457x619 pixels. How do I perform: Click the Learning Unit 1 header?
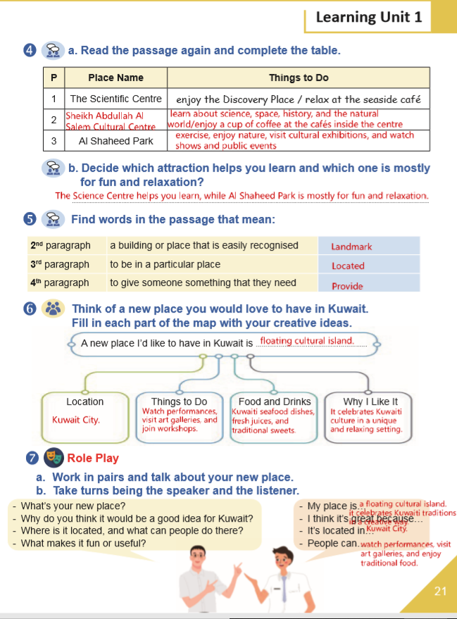click(369, 17)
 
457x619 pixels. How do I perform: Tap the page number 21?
click(440, 591)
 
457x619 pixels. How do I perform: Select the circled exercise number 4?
click(30, 50)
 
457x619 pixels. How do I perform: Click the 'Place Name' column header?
click(115, 77)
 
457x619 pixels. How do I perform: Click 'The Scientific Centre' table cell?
click(115, 99)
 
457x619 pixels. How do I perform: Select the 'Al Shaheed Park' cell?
click(115, 140)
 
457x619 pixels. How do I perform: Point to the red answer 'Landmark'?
click(351, 246)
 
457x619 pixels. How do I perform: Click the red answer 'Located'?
click(348, 266)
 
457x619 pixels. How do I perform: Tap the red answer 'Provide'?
click(347, 286)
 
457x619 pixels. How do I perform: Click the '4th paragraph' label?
click(61, 283)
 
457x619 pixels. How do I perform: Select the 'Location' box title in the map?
click(84, 401)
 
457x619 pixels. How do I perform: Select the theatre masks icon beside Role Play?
click(53, 458)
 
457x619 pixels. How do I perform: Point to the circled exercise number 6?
click(30, 309)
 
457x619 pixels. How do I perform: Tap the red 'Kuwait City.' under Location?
click(76, 420)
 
